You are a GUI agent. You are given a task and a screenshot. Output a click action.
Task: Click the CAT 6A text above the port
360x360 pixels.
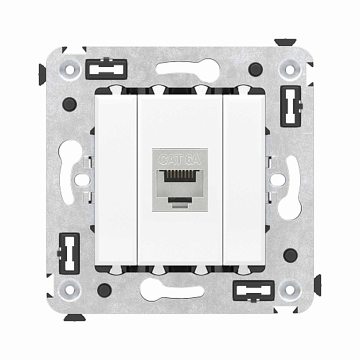[x=179, y=160]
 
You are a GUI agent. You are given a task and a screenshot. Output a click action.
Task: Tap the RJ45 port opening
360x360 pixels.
[x=179, y=179]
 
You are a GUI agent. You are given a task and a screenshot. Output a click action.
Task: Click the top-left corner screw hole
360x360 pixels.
[x=70, y=71]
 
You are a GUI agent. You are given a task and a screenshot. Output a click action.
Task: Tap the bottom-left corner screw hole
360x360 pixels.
[x=70, y=289]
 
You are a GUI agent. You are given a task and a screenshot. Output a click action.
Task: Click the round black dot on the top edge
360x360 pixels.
[x=255, y=70]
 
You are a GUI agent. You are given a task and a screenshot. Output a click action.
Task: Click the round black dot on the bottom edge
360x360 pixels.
[x=104, y=290]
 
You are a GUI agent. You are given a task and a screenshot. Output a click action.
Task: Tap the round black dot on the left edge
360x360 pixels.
[x=70, y=104]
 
